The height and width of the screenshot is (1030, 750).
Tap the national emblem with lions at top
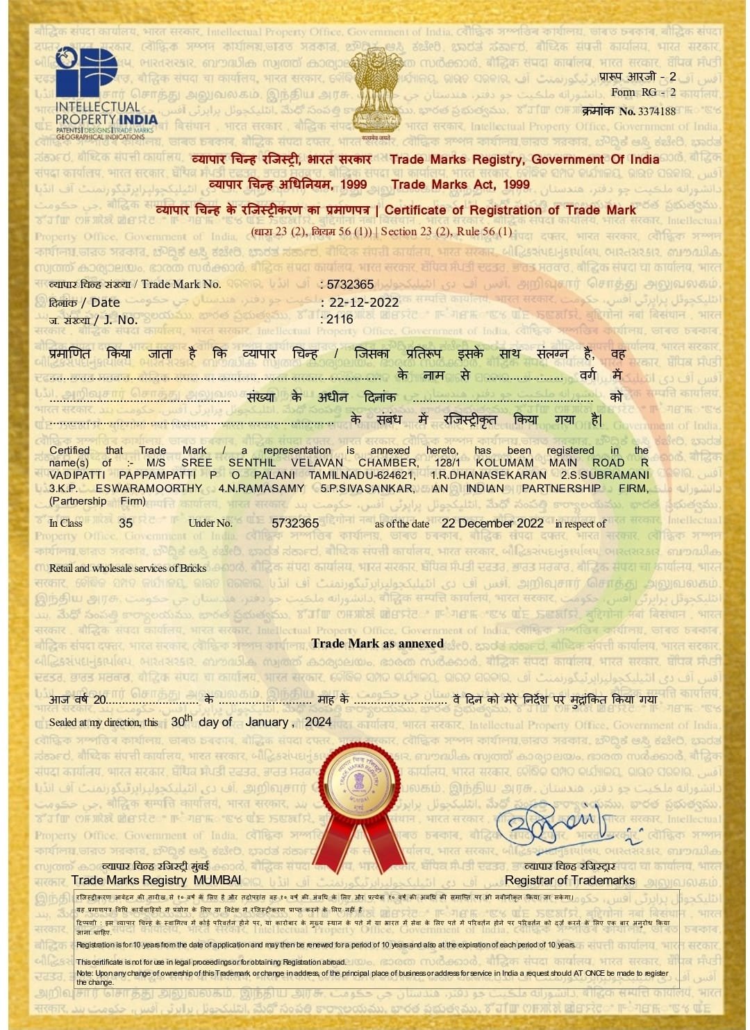click(376, 90)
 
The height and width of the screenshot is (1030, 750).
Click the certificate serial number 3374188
click(656, 111)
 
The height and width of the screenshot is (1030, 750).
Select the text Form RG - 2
click(643, 92)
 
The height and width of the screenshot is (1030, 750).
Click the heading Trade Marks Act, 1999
click(460, 185)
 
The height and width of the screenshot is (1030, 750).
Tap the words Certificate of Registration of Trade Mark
click(510, 210)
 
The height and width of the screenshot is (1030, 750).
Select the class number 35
click(126, 523)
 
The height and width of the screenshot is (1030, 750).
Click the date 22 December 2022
click(492, 523)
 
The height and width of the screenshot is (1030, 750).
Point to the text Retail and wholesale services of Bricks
click(128, 568)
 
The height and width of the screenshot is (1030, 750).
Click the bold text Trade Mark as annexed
click(377, 643)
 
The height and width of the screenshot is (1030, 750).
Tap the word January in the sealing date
click(267, 722)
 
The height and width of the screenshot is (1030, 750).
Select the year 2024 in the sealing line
click(318, 722)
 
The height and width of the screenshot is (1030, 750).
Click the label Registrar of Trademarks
click(569, 880)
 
